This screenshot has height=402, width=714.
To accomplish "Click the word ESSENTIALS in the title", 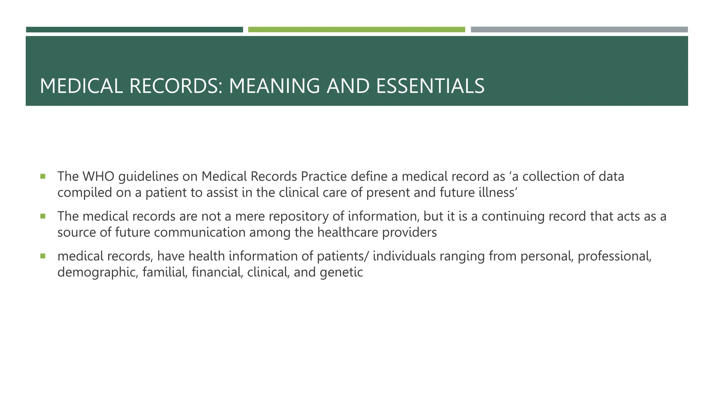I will (430, 86).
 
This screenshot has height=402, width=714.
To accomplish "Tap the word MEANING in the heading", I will (274, 86).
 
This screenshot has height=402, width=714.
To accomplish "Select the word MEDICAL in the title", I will (81, 86).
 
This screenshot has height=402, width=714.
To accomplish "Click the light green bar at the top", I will (356, 30).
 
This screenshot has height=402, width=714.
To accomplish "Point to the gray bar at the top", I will (579, 30).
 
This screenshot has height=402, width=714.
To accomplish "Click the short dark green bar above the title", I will (134, 30).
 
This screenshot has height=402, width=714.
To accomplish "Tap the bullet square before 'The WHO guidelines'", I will (43, 176).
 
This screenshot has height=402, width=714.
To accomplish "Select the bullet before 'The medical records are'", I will (43, 216).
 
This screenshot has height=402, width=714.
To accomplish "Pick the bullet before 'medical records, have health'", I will (43, 256).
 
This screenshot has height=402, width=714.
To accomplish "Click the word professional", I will (614, 256).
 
